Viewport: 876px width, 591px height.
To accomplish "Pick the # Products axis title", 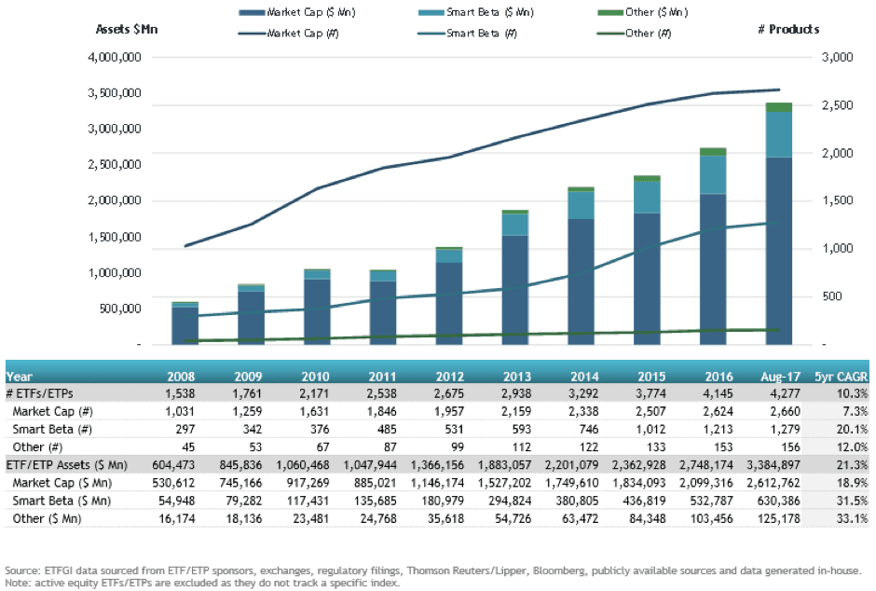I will [x=788, y=29].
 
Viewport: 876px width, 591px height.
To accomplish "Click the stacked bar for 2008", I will [x=185, y=323].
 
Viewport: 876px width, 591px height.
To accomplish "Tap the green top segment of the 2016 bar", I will [x=713, y=151].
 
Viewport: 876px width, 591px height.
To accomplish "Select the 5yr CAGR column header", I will [x=840, y=377].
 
